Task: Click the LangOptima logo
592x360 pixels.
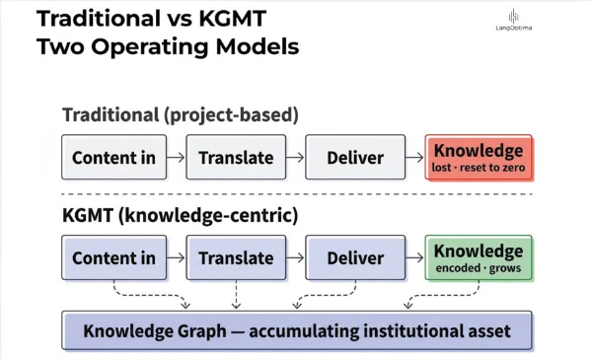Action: (x=513, y=21)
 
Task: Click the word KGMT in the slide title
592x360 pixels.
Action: (x=233, y=18)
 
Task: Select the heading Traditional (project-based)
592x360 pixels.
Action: (x=181, y=114)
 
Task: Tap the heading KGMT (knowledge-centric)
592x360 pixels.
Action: (x=181, y=215)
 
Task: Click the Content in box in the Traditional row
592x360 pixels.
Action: (x=114, y=157)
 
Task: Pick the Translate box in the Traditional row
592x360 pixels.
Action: (x=236, y=157)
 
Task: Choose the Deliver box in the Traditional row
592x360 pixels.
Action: (x=355, y=157)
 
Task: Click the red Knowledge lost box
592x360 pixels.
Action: (x=479, y=157)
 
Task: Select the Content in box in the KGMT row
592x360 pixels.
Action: (x=114, y=257)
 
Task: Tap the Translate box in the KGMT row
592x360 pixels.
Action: (x=236, y=257)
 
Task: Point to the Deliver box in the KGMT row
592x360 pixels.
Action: (x=355, y=257)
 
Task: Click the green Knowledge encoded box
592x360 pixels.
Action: (x=479, y=257)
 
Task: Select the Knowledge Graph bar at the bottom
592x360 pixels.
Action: (x=297, y=330)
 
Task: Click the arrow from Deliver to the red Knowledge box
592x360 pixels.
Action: (x=414, y=157)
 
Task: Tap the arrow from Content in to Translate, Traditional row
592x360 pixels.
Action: (x=176, y=157)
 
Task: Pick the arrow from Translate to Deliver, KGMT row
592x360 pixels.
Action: (x=295, y=257)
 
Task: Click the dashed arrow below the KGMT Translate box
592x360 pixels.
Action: (x=236, y=295)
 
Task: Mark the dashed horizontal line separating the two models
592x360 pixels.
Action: (x=297, y=194)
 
